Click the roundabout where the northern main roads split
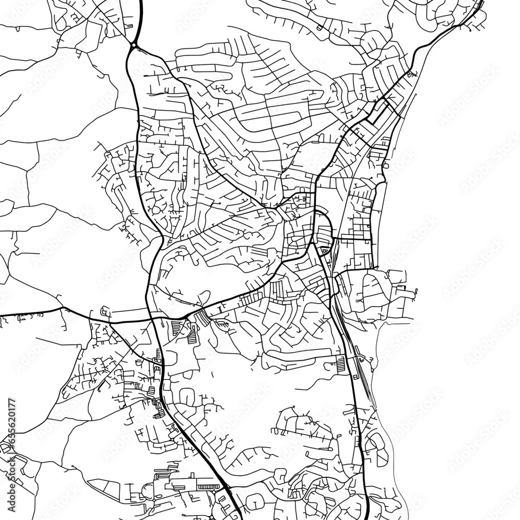pyautogui.click(x=134, y=46)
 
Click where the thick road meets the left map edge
pyautogui.click(x=2, y=315)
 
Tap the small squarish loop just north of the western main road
pyautogui.click(x=106, y=312)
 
